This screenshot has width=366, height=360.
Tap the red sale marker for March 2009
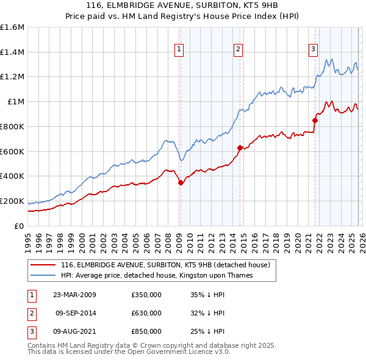(x=181, y=182)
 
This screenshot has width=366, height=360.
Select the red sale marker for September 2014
(x=240, y=147)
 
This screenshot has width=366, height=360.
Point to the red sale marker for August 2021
(x=315, y=120)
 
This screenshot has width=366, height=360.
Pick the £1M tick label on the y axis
(x=16, y=102)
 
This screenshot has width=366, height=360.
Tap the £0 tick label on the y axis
(x=20, y=226)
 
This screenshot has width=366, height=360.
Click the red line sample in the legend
(x=43, y=265)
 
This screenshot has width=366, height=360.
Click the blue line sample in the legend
(x=43, y=275)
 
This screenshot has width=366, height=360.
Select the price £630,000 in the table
(x=146, y=313)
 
